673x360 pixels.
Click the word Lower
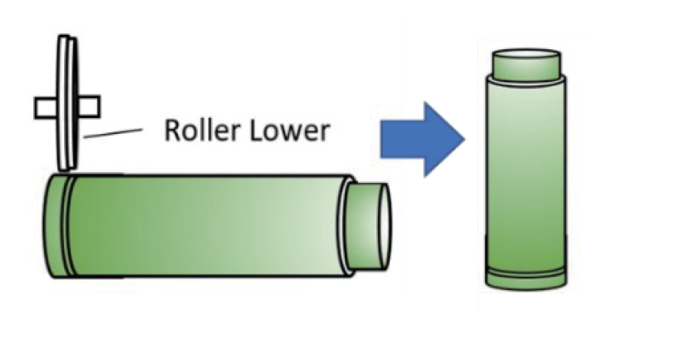(x=288, y=130)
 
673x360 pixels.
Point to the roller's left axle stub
(x=43, y=107)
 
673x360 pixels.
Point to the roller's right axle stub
(x=89, y=106)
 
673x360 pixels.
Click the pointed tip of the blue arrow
(x=461, y=139)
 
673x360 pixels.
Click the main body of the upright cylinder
(x=526, y=175)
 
